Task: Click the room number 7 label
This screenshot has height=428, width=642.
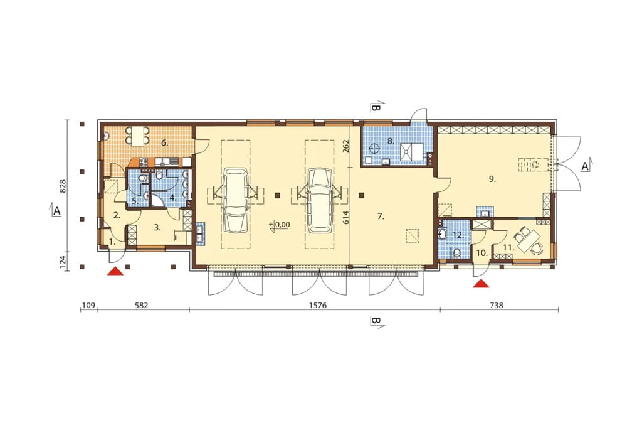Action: [381, 217]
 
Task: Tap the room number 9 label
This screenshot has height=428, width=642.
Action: [493, 179]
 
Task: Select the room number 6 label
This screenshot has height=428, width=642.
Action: [165, 142]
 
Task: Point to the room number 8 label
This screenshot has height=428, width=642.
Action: [391, 141]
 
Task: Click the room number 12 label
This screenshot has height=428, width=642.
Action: [458, 235]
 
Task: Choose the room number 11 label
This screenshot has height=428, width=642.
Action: [508, 248]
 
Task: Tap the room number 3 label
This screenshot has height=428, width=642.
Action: [157, 228]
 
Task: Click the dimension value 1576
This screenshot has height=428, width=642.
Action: [318, 306]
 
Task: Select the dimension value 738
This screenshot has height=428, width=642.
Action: [497, 306]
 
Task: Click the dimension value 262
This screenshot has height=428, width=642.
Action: [346, 146]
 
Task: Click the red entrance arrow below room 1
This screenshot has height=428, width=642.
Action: [115, 271]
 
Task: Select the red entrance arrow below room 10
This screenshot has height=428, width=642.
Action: [481, 283]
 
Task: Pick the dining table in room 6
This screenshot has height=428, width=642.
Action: [137, 136]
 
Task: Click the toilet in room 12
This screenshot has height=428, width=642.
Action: [457, 252]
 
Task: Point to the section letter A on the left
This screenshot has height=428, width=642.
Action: [57, 211]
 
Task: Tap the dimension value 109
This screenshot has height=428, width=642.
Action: [88, 306]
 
